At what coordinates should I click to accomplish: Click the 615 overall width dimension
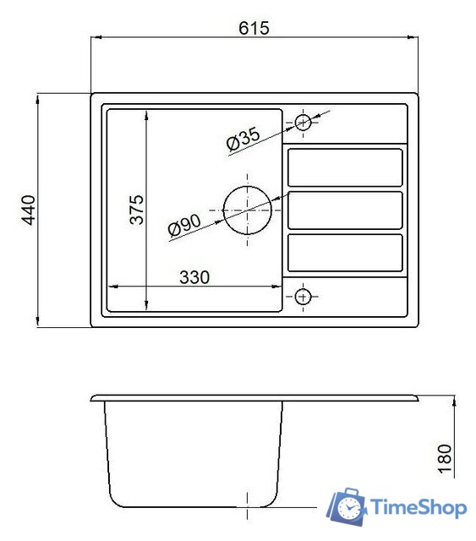pyautogui.click(x=254, y=28)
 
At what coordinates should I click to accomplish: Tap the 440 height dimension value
pyautogui.click(x=29, y=210)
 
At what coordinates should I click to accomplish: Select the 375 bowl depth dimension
pyautogui.click(x=137, y=210)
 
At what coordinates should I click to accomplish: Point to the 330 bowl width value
pyautogui.click(x=194, y=277)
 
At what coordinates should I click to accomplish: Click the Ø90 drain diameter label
pyautogui.click(x=184, y=225)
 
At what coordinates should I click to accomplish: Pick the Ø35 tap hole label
pyautogui.click(x=243, y=139)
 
